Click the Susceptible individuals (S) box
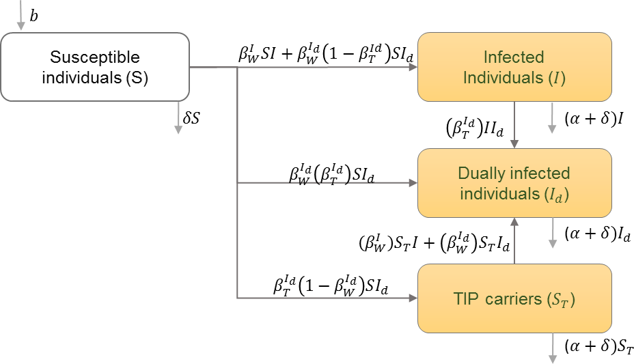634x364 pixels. tap(95, 67)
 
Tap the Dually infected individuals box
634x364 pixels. tap(513, 183)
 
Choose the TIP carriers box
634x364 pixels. tap(513, 298)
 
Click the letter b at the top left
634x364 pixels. tap(34, 14)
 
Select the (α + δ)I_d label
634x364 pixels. tap(596, 234)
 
